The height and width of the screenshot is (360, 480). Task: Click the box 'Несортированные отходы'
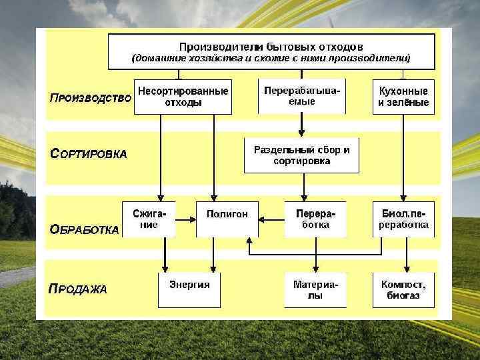(x=183, y=97)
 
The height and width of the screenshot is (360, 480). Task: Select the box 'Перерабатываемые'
(x=303, y=96)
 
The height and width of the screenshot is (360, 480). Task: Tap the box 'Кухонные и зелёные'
(x=403, y=97)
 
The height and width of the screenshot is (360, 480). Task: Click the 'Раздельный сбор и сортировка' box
(x=302, y=155)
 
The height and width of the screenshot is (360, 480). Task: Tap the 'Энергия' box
(x=189, y=289)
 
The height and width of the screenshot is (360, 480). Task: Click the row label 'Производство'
(x=90, y=98)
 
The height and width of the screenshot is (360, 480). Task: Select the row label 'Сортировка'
(x=89, y=153)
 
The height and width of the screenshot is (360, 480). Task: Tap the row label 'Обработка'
(x=85, y=229)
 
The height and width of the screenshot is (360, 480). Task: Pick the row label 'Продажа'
(x=78, y=289)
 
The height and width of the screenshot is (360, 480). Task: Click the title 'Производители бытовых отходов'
(x=271, y=47)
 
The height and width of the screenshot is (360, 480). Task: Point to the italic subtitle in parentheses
(x=271, y=59)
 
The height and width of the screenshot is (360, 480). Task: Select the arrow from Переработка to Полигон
(x=271, y=218)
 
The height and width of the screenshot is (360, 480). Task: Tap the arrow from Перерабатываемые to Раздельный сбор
(x=302, y=125)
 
